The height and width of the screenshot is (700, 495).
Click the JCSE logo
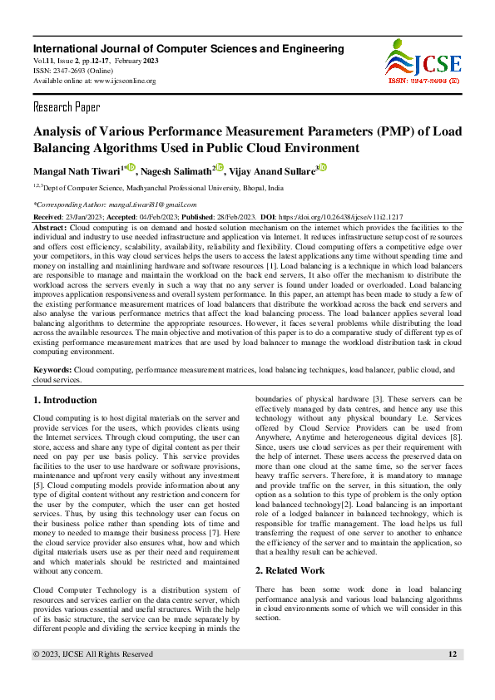(x=420, y=58)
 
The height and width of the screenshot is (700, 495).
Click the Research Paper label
(x=67, y=107)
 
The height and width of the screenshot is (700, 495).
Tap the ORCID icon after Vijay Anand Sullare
(x=323, y=167)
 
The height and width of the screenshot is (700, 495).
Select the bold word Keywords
(x=52, y=368)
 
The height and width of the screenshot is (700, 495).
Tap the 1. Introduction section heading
(x=65, y=400)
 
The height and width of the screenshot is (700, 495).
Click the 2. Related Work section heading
(x=290, y=570)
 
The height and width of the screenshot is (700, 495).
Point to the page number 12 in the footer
(x=453, y=678)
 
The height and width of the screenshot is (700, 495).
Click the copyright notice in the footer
(x=92, y=678)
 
